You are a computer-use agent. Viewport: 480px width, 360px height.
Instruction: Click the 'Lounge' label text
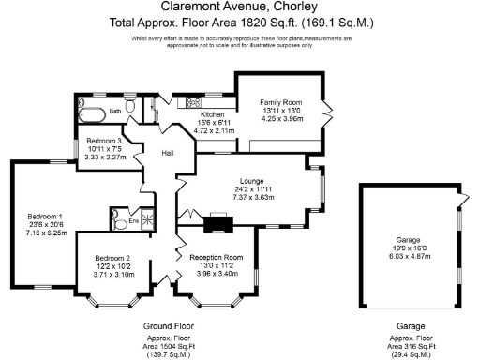pos(251,181)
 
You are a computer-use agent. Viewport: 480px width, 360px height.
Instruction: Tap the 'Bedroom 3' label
pos(104,141)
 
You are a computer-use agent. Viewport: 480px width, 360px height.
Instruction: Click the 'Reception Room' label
pos(216,257)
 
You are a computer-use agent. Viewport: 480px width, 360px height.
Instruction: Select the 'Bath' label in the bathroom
pos(115,111)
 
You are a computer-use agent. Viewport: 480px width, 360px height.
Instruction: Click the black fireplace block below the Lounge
pos(217,222)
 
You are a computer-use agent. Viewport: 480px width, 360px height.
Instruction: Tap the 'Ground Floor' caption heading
pos(167,324)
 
